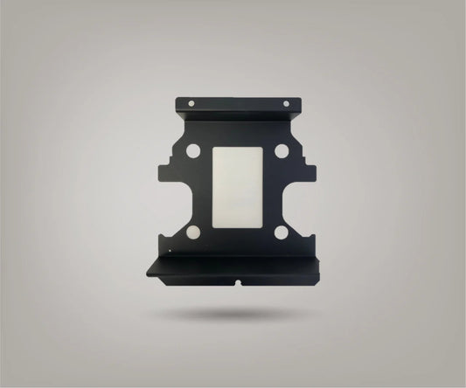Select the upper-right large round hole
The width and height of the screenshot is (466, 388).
tap(281, 151)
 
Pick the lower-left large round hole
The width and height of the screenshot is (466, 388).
tap(193, 232)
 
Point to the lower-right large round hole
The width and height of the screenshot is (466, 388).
tap(281, 232)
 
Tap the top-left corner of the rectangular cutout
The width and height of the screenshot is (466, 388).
tap(214, 148)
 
